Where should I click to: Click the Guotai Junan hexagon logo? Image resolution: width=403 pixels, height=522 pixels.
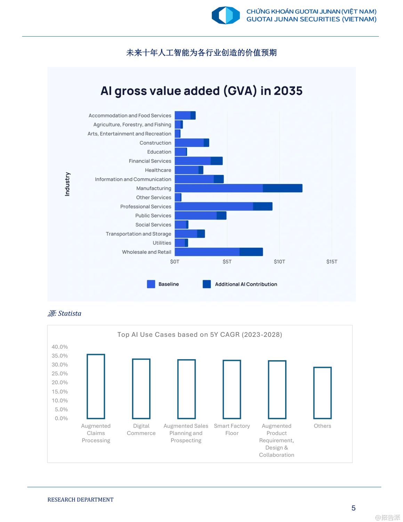coord(226,15)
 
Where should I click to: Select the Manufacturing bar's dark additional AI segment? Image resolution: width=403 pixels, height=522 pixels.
coord(282,188)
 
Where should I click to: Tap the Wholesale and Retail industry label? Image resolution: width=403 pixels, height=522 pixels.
coord(146,252)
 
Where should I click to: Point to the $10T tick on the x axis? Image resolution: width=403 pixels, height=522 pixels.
coord(279,262)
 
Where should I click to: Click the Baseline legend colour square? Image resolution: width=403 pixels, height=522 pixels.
coord(151,284)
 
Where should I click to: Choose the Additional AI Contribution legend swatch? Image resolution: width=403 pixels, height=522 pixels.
coord(207,284)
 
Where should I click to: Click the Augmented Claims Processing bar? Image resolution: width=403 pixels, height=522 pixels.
coord(96,386)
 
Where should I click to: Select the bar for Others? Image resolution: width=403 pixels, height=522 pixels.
coord(322,393)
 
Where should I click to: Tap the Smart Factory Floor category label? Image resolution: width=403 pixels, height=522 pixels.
coord(232,429)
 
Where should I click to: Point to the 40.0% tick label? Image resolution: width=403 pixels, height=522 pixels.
coord(60,347)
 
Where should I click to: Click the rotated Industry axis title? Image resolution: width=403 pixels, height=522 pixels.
coord(67,184)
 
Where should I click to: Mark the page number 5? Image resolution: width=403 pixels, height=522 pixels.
coord(353,508)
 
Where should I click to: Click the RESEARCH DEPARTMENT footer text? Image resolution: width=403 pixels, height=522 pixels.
coord(80,500)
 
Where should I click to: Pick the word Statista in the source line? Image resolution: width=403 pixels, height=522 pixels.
coord(70,314)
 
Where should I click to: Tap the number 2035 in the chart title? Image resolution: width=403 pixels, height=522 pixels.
coord(288,91)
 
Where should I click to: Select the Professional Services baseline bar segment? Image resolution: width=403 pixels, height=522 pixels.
coord(214,206)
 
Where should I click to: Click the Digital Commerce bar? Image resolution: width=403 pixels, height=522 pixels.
coord(141,389)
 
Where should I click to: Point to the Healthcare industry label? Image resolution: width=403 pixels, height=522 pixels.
coord(158,170)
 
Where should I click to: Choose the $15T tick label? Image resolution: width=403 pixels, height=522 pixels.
coord(332,262)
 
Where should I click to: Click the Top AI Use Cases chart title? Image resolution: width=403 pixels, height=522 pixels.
coord(200,335)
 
